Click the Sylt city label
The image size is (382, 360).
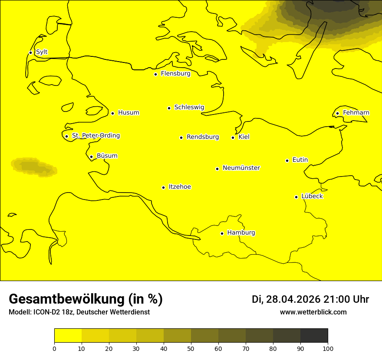pyautogui.click(x=42, y=52)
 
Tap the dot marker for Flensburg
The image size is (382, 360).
pyautogui.click(x=155, y=74)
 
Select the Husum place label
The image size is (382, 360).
pyautogui.click(x=128, y=113)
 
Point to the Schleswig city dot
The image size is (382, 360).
pyautogui.click(x=169, y=108)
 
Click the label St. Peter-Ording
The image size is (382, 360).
pyautogui.click(x=96, y=136)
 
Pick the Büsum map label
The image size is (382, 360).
pyautogui.click(x=107, y=156)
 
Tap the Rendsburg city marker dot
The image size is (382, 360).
pyautogui.click(x=181, y=137)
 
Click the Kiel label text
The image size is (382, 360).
pyautogui.click(x=244, y=137)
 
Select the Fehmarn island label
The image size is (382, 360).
pyautogui.click(x=356, y=113)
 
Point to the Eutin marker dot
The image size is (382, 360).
pyautogui.click(x=287, y=160)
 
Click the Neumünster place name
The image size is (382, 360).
pyautogui.click(x=241, y=168)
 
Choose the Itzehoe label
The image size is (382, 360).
pyautogui.click(x=180, y=187)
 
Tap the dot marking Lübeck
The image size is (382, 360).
pyautogui.click(x=296, y=197)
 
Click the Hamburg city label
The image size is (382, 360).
pyautogui.click(x=241, y=233)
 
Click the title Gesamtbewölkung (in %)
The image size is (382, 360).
pyautogui.click(x=86, y=299)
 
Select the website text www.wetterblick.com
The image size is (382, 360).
pyautogui.click(x=313, y=312)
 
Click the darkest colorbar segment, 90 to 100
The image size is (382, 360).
pyautogui.click(x=314, y=336)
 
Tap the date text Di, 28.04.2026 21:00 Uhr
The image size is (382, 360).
pyautogui.click(x=310, y=299)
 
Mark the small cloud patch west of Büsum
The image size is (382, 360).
pyautogui.click(x=34, y=167)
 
